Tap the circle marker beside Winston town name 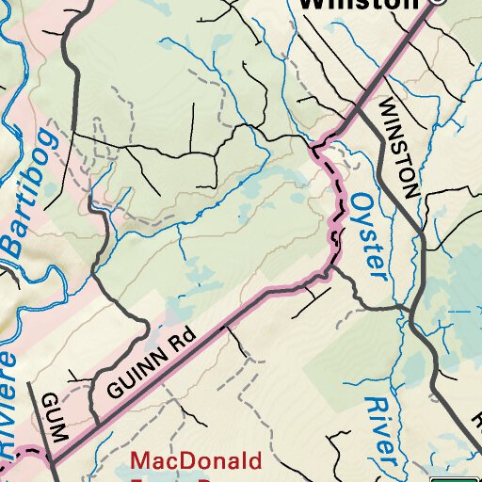point(436,3)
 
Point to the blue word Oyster point(370,235)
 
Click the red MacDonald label point(197,462)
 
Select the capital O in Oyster point(361,202)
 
